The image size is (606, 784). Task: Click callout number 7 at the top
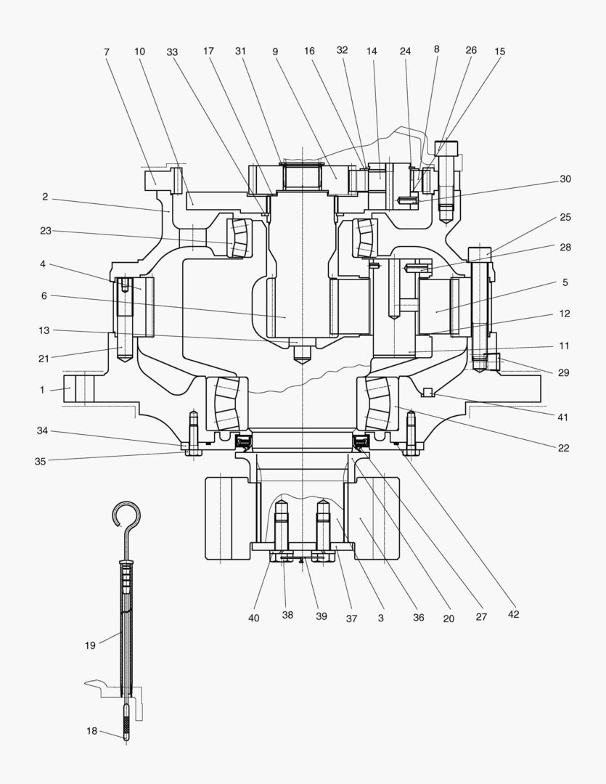coord(107,52)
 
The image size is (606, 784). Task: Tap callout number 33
coord(172,52)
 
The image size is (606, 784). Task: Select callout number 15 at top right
coord(499,52)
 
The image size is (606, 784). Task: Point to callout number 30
coord(565,179)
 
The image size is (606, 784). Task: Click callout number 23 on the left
coord(45,231)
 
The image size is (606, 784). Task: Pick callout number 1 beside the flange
coord(42,390)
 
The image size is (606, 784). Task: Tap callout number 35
coord(42,461)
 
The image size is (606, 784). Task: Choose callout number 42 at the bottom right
coord(514,614)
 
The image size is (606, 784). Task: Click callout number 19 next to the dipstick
coord(90,645)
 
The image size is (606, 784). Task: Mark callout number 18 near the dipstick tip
coord(91,731)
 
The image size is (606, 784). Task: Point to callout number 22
coord(564,448)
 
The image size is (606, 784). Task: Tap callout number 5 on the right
coord(564,282)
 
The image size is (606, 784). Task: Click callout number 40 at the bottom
coord(253,618)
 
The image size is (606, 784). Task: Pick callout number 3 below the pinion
coord(380,618)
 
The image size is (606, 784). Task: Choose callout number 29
coord(564,372)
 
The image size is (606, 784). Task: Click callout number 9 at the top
coord(275,52)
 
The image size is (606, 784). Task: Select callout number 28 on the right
coord(565,247)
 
